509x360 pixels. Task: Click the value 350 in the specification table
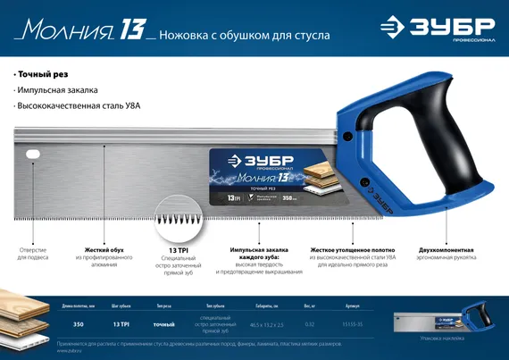pyautogui.click(x=78, y=324)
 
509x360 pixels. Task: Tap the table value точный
pyautogui.click(x=163, y=324)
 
